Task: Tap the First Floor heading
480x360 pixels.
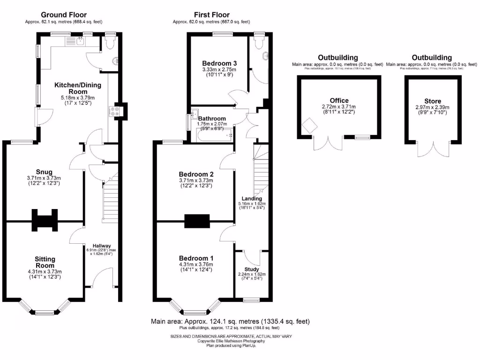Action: click(211, 15)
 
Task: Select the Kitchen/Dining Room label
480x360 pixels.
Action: click(71, 88)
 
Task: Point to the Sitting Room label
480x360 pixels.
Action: click(45, 262)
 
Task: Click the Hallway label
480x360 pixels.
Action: click(102, 246)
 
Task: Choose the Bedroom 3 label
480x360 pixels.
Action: click(219, 63)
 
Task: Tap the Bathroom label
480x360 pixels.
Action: click(212, 119)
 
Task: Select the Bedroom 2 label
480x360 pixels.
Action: click(196, 172)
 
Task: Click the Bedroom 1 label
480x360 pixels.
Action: click(196, 258)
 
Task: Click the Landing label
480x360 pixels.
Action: click(252, 198)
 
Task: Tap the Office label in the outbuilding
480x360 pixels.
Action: click(339, 100)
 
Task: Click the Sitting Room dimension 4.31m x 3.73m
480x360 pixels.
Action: click(45, 271)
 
